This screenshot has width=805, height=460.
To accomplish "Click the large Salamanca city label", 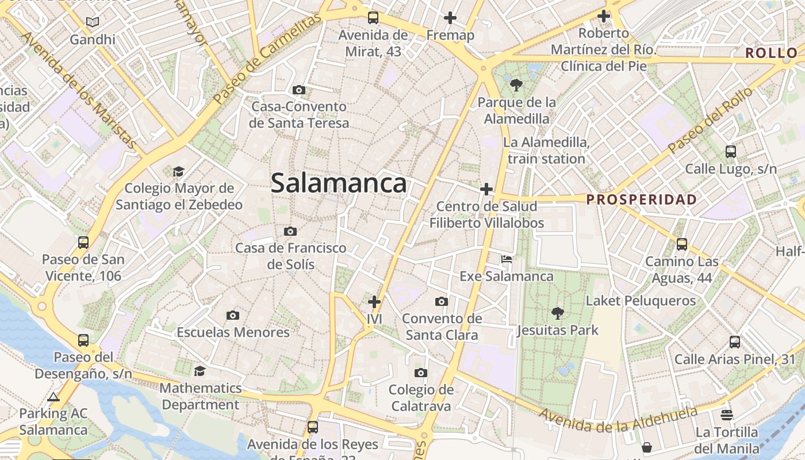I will click(339, 183).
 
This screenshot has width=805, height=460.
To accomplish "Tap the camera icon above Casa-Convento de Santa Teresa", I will click(298, 90).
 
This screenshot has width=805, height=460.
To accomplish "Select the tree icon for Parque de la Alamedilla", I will click(516, 85).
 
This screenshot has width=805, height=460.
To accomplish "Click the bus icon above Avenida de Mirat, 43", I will click(373, 17).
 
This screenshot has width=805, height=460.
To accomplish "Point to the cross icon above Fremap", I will click(450, 18).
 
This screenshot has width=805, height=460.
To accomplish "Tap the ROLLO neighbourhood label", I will click(772, 53).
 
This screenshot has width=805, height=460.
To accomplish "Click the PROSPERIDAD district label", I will click(642, 200).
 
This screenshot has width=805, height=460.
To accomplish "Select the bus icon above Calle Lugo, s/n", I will click(730, 152).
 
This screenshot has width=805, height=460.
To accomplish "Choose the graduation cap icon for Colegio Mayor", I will click(178, 171).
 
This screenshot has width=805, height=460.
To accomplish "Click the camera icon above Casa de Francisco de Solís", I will click(290, 231).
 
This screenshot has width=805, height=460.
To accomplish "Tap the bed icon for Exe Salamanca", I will click(507, 259).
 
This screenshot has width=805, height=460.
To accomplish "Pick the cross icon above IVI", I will click(374, 301).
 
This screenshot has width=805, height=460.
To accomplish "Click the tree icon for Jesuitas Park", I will click(557, 313).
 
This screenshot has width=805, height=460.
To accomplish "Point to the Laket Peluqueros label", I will click(641, 301).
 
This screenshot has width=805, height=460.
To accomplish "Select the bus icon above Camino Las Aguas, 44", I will click(682, 244).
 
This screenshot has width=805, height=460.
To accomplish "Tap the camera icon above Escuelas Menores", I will click(233, 315).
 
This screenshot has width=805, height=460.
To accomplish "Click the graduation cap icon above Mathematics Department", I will click(200, 371).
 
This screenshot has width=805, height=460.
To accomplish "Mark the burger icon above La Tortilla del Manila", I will click(727, 415).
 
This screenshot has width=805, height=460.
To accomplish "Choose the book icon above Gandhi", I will click(93, 22).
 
